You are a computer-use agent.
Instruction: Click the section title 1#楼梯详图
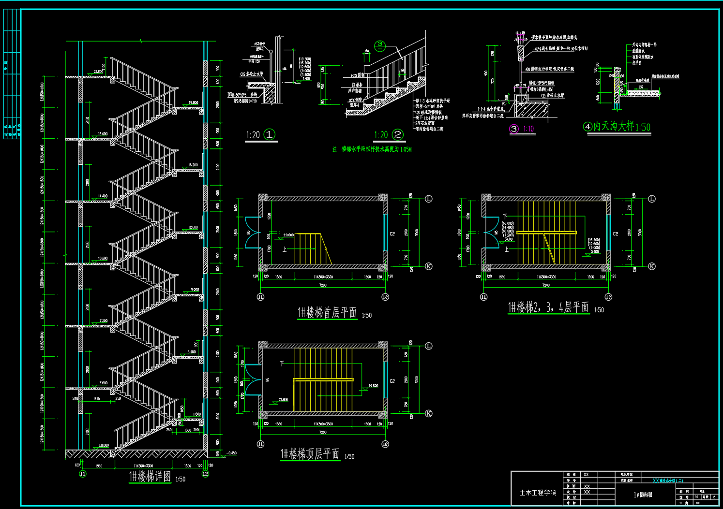tap(150, 477)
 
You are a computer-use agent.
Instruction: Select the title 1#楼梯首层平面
tap(327, 313)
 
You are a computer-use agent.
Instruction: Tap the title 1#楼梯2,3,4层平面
tap(548, 307)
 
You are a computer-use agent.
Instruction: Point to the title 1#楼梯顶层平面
tap(310, 454)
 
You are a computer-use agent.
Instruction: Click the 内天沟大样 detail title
tap(613, 127)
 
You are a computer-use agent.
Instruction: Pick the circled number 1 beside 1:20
tap(270, 134)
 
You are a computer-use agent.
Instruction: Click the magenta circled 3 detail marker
tap(514, 129)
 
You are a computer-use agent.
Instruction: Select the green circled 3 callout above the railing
tap(380, 45)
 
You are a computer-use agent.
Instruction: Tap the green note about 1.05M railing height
tap(372, 149)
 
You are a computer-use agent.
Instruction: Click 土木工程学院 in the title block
tap(538, 493)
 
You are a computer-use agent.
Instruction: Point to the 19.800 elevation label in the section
tap(193, 102)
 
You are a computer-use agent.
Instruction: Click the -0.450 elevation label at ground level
tap(231, 453)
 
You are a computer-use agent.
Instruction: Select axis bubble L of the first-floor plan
tap(428, 199)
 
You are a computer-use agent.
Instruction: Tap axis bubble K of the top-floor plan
tap(428, 413)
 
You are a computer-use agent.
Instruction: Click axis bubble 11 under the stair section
tap(83, 474)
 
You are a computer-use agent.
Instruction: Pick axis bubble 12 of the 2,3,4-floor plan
tap(608, 297)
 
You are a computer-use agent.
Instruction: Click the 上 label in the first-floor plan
tap(285, 249)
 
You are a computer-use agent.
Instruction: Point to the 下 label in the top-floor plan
tap(282, 364)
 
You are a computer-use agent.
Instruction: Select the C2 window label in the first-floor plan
tap(392, 234)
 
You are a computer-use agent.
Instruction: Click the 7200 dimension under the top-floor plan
tap(322, 432)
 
